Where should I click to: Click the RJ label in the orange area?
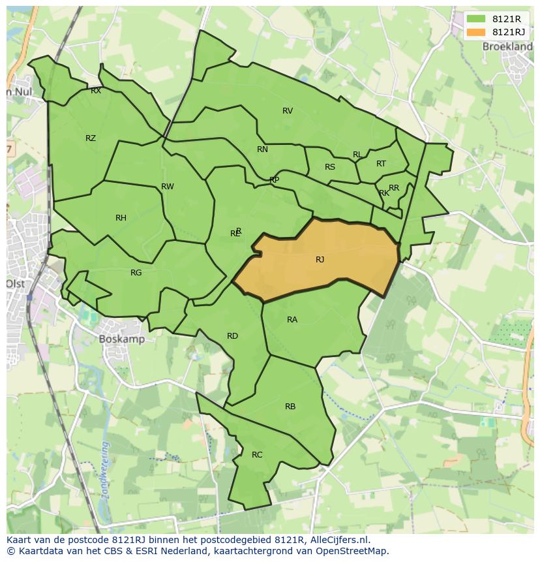tap(320, 260)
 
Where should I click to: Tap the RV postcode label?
tap(288, 111)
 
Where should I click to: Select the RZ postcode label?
tap(91, 138)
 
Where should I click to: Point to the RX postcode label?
tap(96, 91)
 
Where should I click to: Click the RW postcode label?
tap(168, 187)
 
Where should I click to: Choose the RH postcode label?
tap(121, 218)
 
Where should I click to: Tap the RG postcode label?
tap(136, 273)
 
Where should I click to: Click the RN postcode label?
tap(262, 149)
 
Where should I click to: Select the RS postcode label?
tap(330, 167)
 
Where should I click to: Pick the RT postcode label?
tap(381, 164)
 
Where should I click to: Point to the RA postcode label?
tap(292, 320)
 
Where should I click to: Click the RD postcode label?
tap(232, 336)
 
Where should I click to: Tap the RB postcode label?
tap(290, 407)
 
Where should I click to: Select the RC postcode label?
tap(257, 455)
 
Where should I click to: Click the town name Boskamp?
tap(122, 339)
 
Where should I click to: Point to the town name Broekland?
tap(507, 47)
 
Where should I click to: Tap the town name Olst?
tap(15, 284)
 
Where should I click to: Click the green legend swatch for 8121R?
tap(476, 20)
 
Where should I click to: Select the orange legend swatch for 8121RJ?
tap(476, 32)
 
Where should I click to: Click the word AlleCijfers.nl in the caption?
tap(338, 540)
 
